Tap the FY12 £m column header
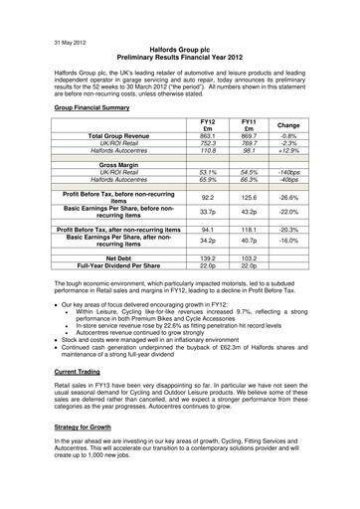pyautogui.click(x=208, y=123)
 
